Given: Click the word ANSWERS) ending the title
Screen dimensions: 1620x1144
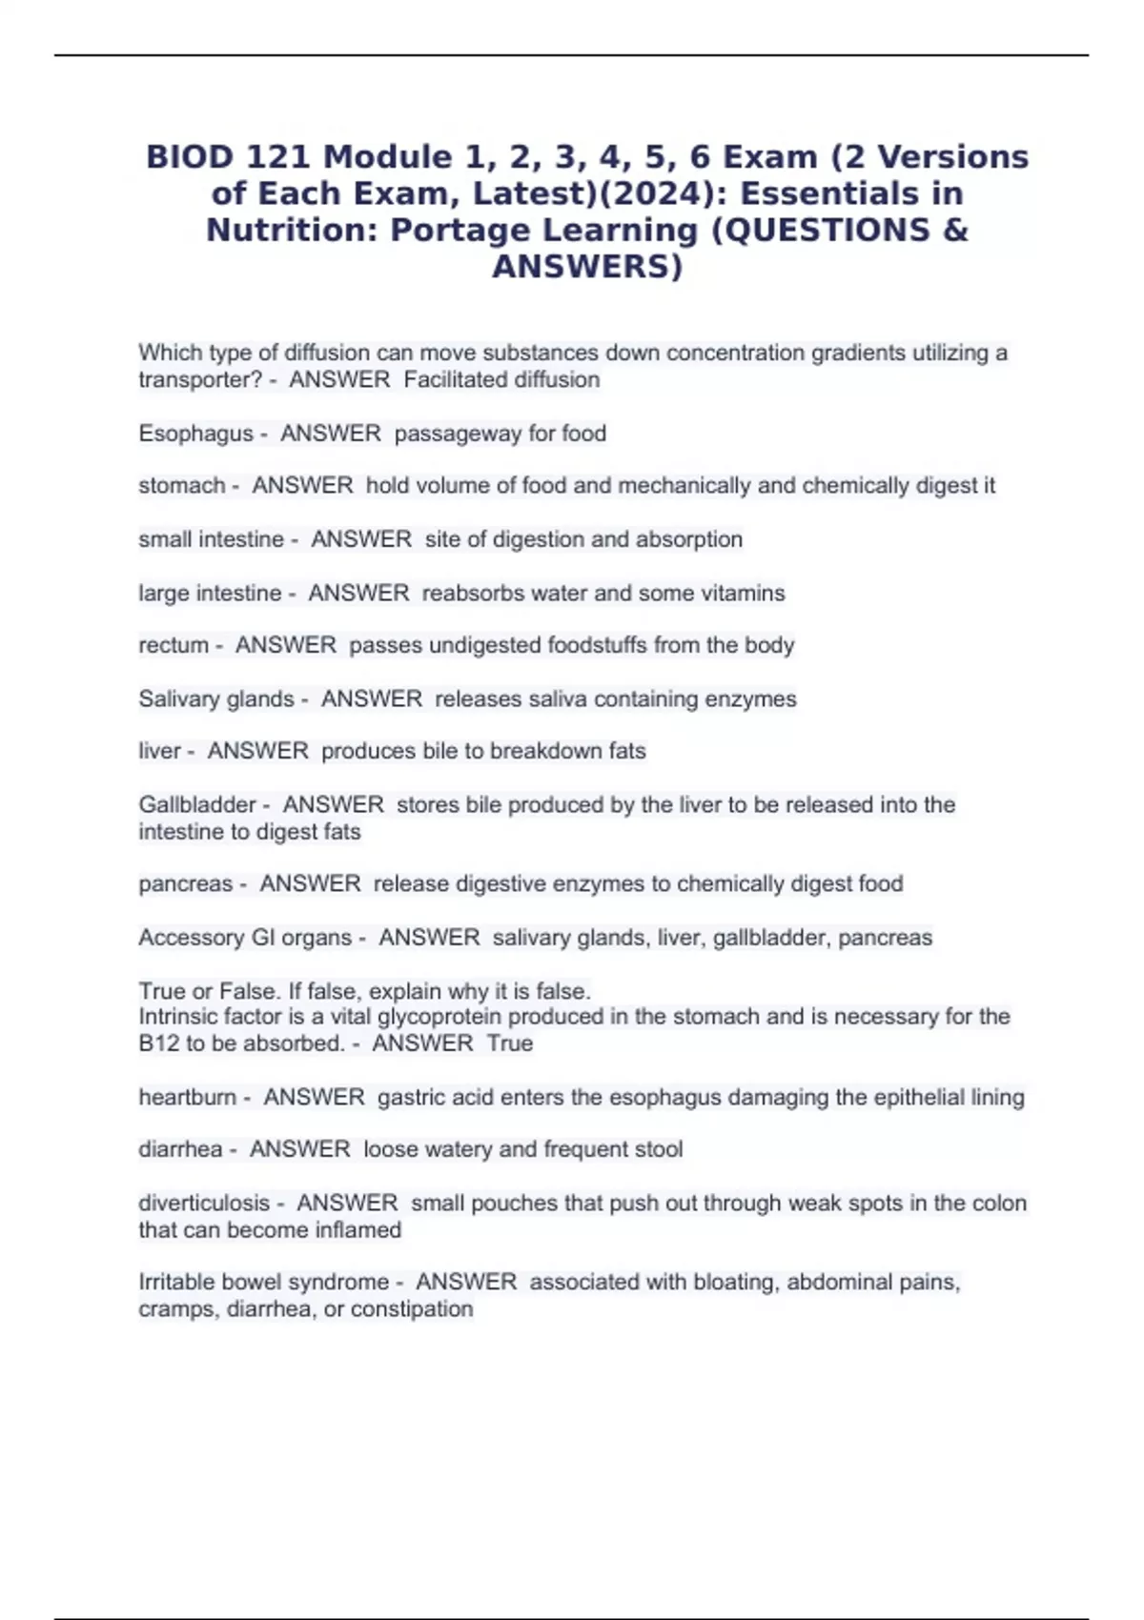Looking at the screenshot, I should tap(587, 267).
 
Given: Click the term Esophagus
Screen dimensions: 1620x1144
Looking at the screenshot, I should tap(195, 434).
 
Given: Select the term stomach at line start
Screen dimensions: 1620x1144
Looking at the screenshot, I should tap(181, 486).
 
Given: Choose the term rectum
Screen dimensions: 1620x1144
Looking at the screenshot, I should tap(173, 645).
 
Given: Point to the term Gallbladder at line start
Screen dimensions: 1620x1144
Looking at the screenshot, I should tap(197, 804).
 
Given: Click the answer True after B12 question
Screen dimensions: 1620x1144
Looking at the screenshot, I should tap(509, 1043).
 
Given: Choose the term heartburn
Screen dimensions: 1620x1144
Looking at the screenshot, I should tap(187, 1097).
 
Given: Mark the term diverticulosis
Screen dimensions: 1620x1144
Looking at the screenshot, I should tap(204, 1203).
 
